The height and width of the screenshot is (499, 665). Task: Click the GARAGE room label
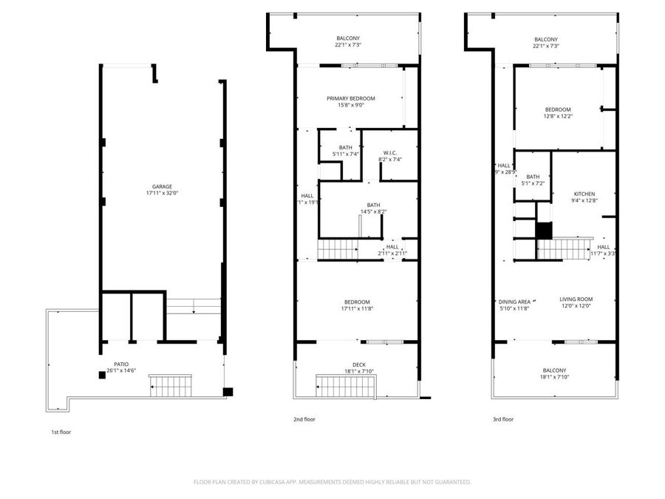(163, 186)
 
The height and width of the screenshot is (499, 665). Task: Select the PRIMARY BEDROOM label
(351, 98)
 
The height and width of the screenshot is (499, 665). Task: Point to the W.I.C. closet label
(391, 152)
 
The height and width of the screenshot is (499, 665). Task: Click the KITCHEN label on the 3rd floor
(584, 194)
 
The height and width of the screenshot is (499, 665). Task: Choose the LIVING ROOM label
(576, 299)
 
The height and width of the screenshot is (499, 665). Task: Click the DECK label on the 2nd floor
(358, 364)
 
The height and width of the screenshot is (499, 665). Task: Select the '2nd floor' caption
(304, 419)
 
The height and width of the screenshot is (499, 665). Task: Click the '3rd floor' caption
(502, 419)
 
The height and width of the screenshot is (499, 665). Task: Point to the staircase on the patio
(170, 385)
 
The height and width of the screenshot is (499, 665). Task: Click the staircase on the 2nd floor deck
(346, 385)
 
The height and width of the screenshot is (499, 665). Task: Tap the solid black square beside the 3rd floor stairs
(544, 231)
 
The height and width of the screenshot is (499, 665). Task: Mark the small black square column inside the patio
(102, 375)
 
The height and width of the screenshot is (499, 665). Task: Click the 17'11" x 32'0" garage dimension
(163, 194)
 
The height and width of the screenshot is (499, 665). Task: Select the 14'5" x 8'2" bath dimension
(373, 212)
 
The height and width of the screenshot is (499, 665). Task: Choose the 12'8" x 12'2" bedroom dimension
(559, 116)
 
